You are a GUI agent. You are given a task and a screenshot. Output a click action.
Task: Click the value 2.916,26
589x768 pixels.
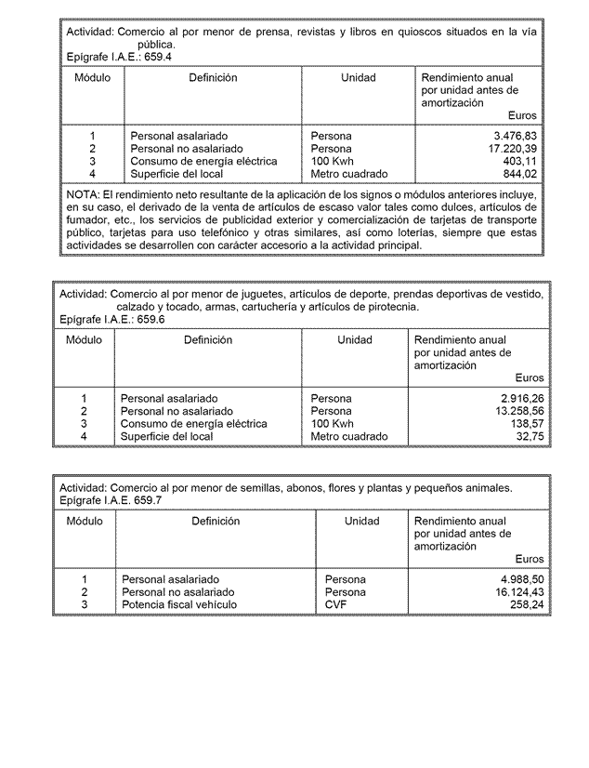(523, 398)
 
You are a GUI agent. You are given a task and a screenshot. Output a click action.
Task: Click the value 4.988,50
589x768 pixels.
(522, 579)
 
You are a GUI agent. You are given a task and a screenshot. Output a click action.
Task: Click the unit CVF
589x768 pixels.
(335, 604)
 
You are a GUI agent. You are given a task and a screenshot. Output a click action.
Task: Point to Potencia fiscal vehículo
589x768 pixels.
(179, 604)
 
